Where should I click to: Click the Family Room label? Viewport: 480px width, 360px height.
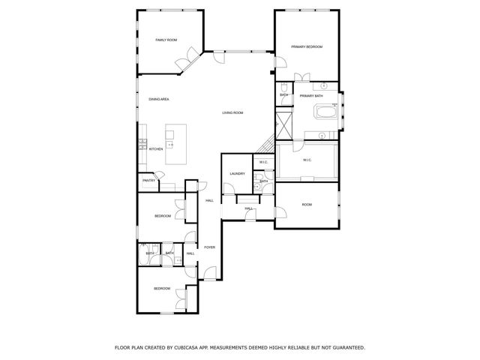click(x=166, y=39)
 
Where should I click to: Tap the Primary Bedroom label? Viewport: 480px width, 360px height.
click(x=307, y=46)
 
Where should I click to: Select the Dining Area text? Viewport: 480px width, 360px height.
click(x=158, y=99)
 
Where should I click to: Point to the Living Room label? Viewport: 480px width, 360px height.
click(x=232, y=112)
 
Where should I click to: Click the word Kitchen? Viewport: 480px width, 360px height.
click(x=156, y=148)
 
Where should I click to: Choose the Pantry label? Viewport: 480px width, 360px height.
click(x=148, y=180)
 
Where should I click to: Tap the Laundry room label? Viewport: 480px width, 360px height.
click(x=238, y=174)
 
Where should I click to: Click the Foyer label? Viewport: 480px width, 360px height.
click(x=210, y=247)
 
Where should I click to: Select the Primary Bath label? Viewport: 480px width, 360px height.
click(x=311, y=96)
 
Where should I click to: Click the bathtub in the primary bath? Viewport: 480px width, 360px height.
click(x=325, y=114)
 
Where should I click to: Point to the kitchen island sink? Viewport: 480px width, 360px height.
click(x=170, y=143)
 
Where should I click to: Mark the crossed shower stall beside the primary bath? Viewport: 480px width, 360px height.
click(x=283, y=124)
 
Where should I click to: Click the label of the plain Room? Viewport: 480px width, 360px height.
click(x=307, y=204)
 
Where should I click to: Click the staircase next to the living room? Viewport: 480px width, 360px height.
click(x=268, y=145)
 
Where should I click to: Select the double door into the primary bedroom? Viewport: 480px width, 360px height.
click(x=302, y=77)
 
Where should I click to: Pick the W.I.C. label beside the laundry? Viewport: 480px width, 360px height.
click(x=262, y=163)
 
